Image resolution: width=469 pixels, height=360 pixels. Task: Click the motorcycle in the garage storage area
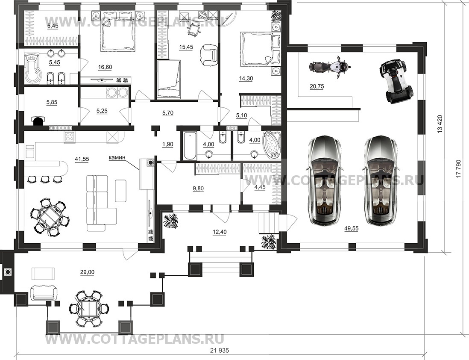point(329,67)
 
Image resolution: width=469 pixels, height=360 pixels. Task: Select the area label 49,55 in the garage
point(351,228)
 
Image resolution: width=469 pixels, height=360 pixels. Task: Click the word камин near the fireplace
point(117,157)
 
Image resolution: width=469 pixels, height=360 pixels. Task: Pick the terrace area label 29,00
point(87,272)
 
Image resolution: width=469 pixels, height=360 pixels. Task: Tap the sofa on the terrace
point(44,292)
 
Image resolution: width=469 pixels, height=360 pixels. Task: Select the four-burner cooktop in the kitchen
point(70,137)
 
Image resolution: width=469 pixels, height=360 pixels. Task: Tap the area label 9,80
point(198,188)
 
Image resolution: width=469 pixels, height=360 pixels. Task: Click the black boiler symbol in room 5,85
point(38,120)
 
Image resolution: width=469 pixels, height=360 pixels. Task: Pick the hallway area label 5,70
point(168,113)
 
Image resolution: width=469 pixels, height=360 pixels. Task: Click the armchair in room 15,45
point(208,54)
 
